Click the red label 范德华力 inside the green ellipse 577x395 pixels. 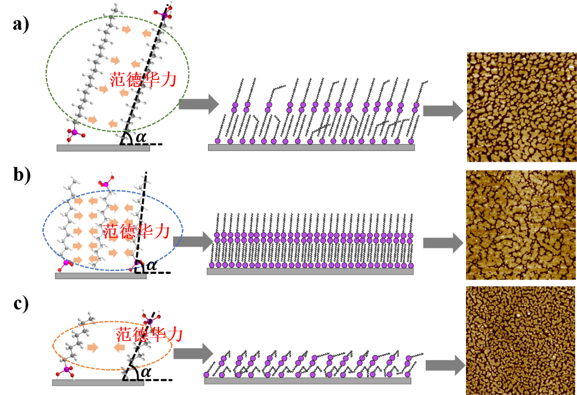[143, 80]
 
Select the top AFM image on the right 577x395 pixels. [521, 107]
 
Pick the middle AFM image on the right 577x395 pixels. [520, 225]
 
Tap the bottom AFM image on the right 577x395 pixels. [521, 340]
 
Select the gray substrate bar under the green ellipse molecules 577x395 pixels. [103, 148]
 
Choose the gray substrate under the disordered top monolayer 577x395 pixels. [311, 147]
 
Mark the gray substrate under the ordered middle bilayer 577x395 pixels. [310, 271]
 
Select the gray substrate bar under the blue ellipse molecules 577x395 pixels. [101, 275]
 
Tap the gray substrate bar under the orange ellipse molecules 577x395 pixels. [98, 383]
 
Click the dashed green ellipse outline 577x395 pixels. [46, 73]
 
